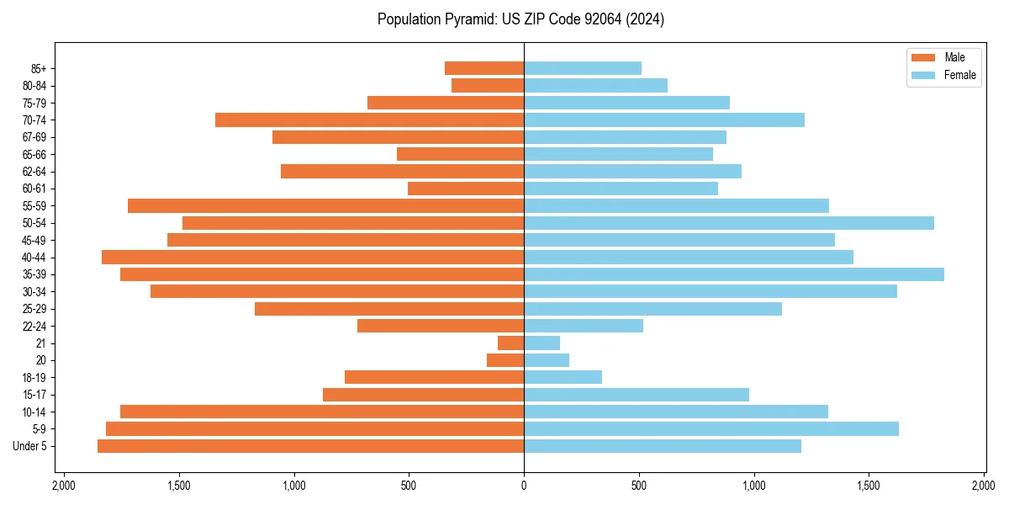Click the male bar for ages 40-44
(x=313, y=258)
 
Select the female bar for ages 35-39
(x=733, y=274)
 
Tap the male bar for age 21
(x=510, y=343)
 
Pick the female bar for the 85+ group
(x=582, y=68)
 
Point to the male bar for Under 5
(x=310, y=446)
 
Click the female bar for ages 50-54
(x=728, y=223)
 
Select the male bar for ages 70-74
(x=369, y=120)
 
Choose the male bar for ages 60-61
(x=466, y=189)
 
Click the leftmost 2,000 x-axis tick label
(x=63, y=486)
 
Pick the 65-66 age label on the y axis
(x=34, y=155)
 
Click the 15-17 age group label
(x=34, y=395)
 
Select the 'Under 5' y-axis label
(x=29, y=446)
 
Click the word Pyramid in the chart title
(x=469, y=19)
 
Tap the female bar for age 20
(x=547, y=360)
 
